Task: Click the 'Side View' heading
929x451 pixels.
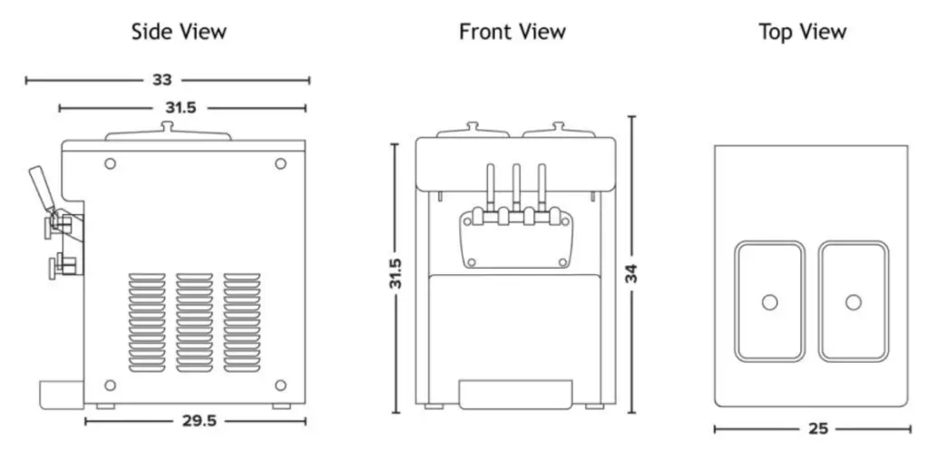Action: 179,32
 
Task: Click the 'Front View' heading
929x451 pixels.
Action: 512,32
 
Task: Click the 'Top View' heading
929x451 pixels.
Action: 802,32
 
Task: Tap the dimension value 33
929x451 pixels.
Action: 161,80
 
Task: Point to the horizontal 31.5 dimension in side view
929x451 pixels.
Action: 180,108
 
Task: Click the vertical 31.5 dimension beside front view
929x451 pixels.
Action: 395,277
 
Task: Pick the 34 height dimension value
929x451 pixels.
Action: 631,273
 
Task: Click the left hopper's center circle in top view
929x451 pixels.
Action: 769,302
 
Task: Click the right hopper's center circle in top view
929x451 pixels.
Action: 853,302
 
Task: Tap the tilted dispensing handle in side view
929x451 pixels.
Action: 41,186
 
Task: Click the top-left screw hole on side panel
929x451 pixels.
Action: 111,163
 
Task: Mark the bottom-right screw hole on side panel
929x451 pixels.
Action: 280,385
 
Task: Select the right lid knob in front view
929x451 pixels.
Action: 559,126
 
